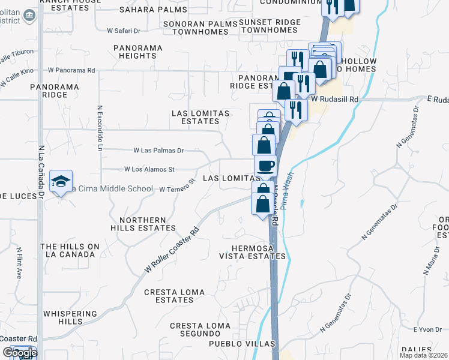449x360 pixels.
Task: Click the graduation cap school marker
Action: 61,182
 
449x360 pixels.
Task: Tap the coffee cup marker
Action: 265,166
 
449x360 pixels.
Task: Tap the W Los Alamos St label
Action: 149,170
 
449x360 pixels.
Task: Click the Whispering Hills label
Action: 71,317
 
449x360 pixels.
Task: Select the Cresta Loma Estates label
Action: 174,296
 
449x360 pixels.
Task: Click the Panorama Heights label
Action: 138,51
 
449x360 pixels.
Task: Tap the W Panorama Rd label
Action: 71,70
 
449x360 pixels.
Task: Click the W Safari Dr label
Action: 124,30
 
